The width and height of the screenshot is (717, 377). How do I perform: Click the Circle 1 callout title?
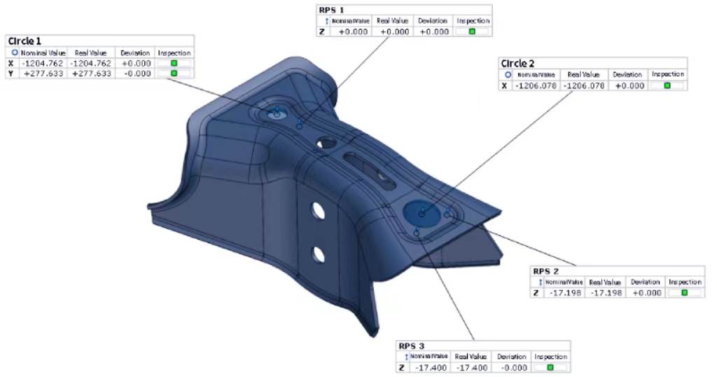tap(25, 41)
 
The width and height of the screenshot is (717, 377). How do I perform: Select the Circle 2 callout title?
tap(517, 64)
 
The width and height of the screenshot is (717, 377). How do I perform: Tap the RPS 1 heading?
tap(331, 10)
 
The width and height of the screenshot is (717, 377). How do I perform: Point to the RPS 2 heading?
tap(545, 271)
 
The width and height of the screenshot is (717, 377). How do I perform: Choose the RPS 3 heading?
tap(412, 346)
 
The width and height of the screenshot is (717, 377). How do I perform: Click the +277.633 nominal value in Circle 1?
tap(43, 74)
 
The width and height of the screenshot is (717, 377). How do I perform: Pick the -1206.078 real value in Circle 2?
tap(584, 85)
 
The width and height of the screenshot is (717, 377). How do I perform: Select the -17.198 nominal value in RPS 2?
tap(566, 293)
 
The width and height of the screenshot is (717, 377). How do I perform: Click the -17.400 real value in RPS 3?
tap(471, 367)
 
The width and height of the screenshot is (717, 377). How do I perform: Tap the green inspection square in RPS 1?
tap(473, 32)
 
